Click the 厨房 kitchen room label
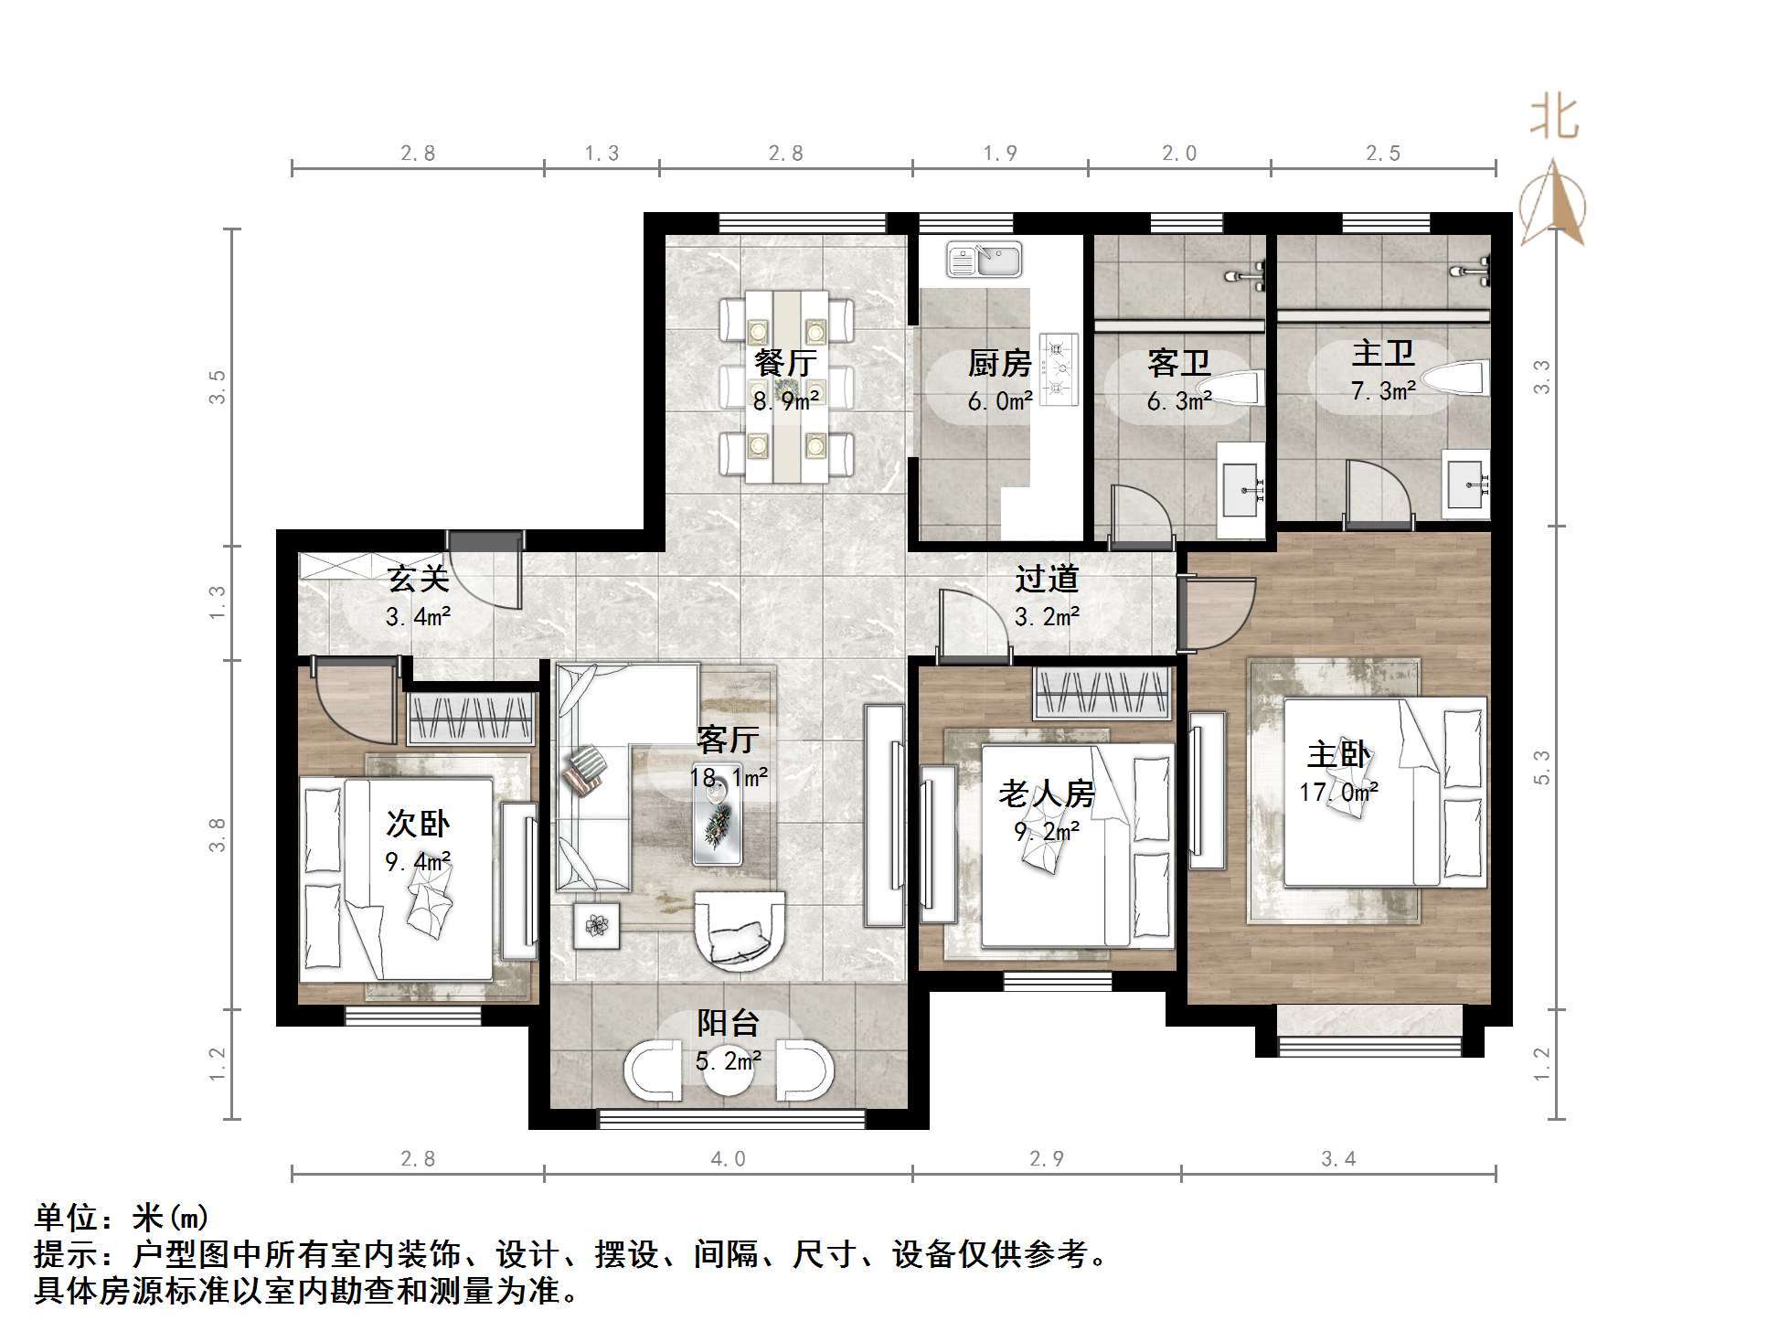coord(999,364)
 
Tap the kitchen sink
coord(984,260)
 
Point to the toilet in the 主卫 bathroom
coord(1459,378)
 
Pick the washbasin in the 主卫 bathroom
coord(1466,484)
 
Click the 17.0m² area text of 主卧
coord(1338,792)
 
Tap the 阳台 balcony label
coord(728,1023)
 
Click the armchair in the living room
coord(740,930)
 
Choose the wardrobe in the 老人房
coord(1102,693)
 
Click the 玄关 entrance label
coord(418,579)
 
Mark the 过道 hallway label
coord(1047,579)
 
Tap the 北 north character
coord(1554,118)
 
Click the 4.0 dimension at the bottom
coord(728,1159)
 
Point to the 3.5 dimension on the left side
coord(217,387)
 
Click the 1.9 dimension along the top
coord(1000,153)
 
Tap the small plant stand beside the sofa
coord(597,925)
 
